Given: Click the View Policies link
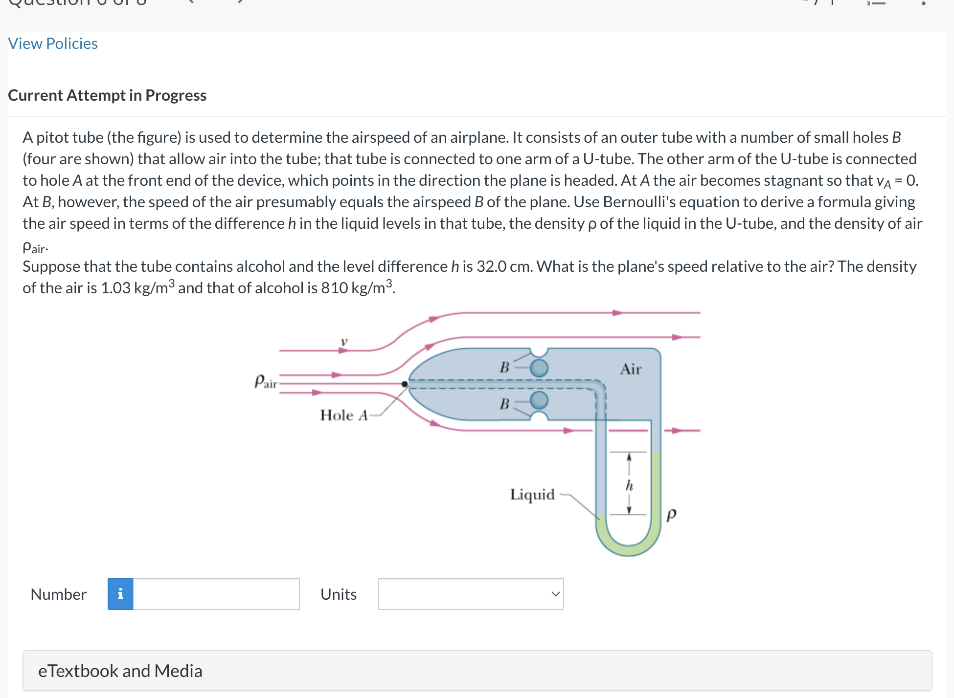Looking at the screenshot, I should tap(53, 44).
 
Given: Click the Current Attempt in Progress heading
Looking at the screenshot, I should tap(107, 95).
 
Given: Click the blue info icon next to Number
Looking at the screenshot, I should tap(120, 594).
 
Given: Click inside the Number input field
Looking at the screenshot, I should tap(216, 594).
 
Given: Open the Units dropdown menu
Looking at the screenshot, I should tap(471, 594).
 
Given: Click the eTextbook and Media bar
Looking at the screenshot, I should tap(477, 671).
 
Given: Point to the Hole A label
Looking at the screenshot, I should tap(343, 415).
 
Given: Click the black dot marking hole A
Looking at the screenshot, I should tap(405, 384).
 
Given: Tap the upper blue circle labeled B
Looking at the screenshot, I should tap(539, 368).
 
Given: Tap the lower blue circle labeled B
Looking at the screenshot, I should tap(539, 400).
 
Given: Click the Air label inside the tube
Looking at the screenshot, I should tap(631, 369).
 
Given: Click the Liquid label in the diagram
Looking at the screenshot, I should tap(532, 495).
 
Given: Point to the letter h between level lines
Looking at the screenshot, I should tap(629, 485).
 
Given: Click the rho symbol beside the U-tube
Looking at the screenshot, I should tap(671, 514).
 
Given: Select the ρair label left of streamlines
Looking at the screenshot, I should tap(266, 381).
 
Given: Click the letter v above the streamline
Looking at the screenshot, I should tap(344, 342).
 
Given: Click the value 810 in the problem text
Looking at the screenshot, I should tap(334, 288).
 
